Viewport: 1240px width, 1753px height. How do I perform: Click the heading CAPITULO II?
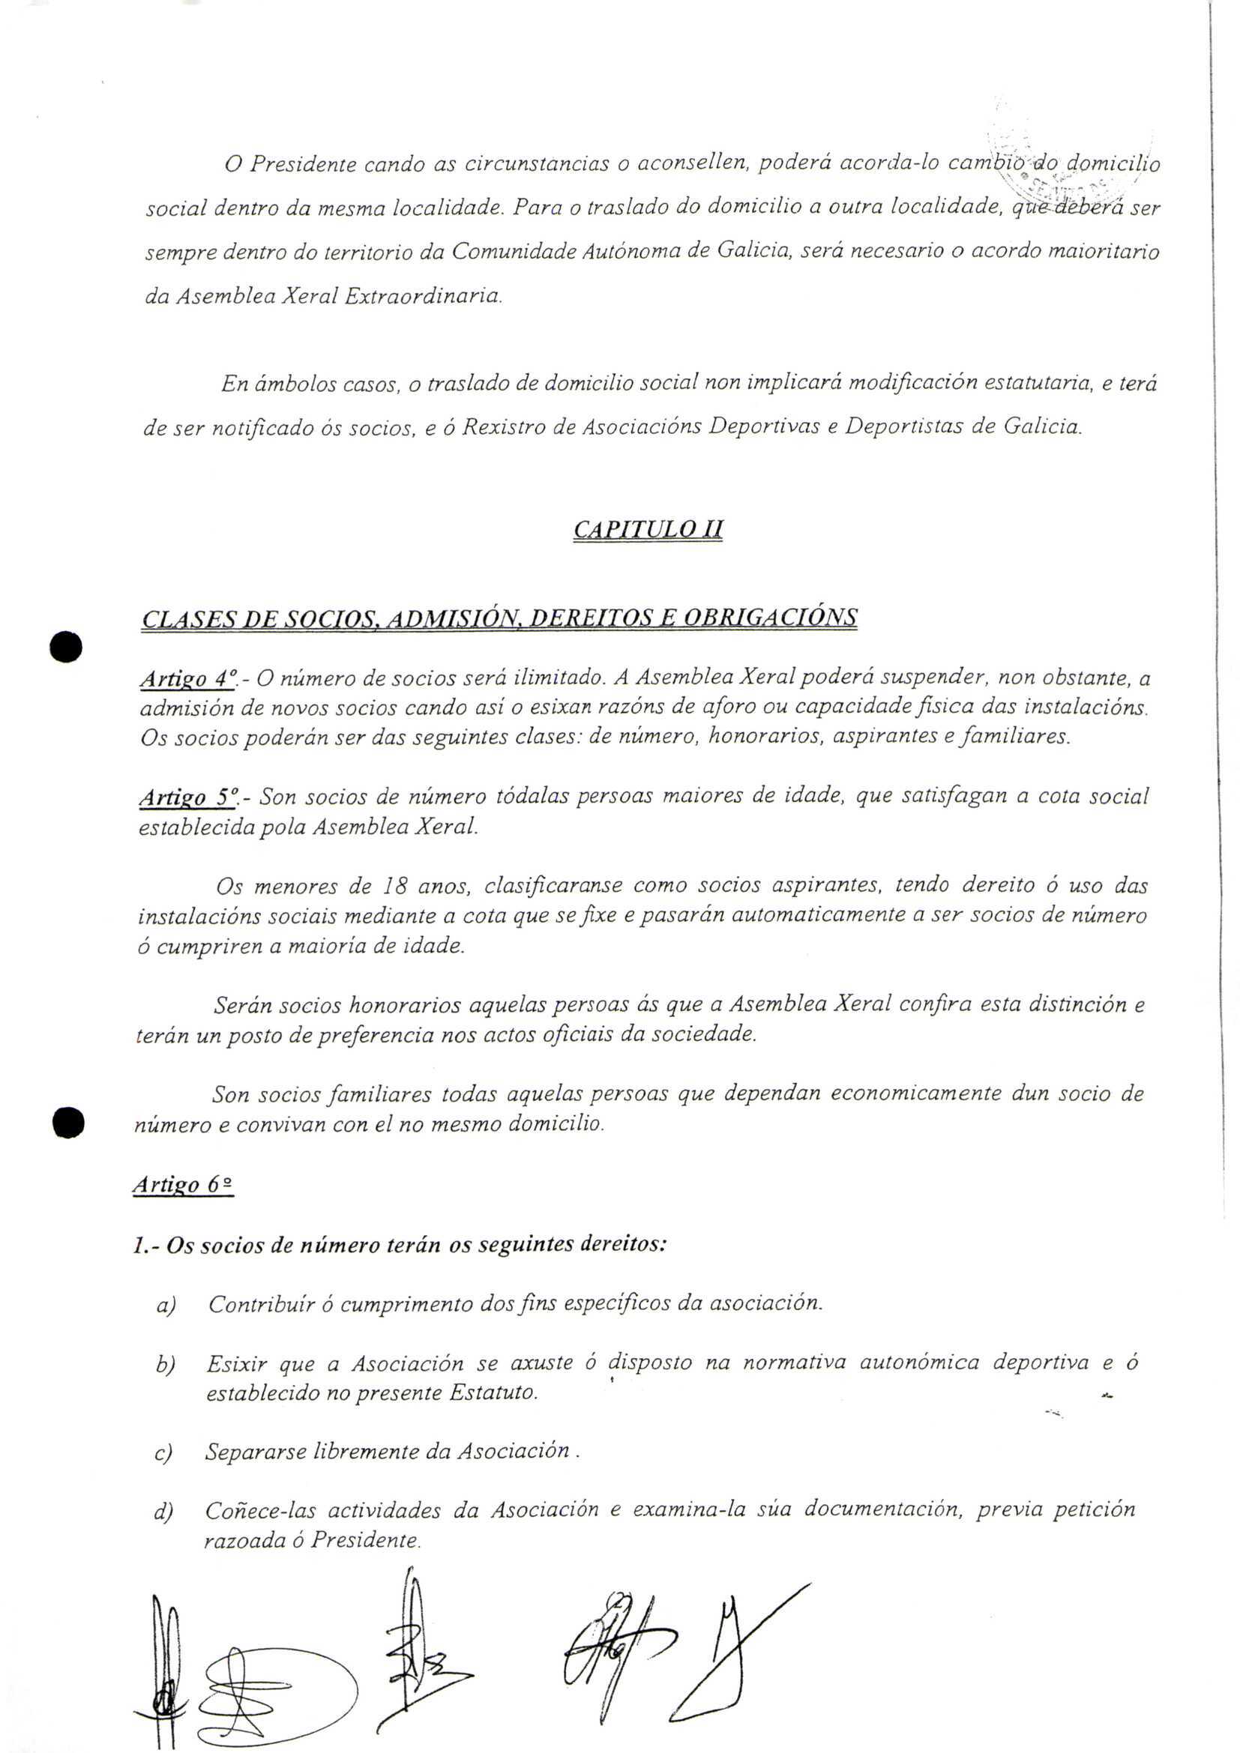648,529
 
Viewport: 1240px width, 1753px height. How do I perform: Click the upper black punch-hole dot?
67,646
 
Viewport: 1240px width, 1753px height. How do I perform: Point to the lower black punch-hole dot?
68,1123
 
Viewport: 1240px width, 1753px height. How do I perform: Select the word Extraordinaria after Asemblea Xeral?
423,295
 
